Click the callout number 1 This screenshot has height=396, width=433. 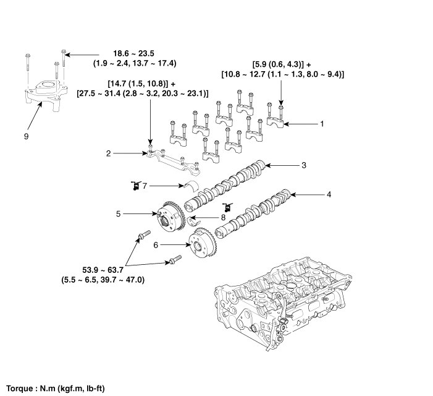coord(322,124)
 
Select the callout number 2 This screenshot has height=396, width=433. coord(108,153)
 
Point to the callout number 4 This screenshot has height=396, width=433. coord(329,195)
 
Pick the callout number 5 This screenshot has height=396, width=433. coord(118,214)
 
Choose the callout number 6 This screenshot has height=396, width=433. coord(156,245)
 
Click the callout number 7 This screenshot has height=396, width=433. coord(145,185)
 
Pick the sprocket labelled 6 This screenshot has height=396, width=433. coord(201,247)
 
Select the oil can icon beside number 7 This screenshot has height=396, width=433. coord(132,185)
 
